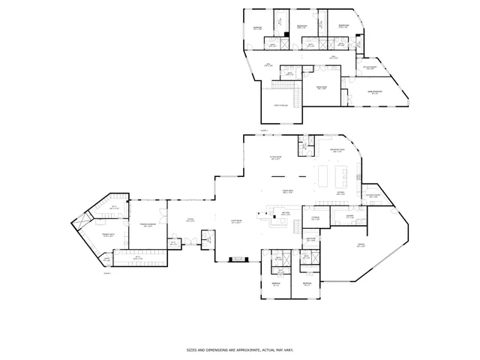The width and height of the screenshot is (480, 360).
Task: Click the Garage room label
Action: tap(361, 246)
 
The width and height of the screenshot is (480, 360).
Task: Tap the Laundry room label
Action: tap(349, 218)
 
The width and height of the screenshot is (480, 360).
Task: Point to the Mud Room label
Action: tap(311, 238)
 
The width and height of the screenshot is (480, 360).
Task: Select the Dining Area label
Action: tap(286, 192)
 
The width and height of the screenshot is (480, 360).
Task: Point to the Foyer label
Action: tap(190, 220)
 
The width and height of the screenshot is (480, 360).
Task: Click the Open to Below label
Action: tap(281, 106)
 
